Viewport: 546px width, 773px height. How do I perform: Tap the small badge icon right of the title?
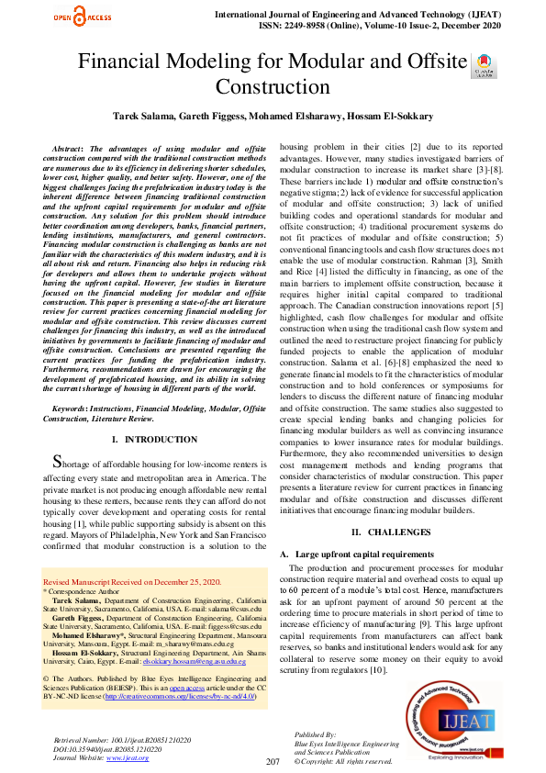coord(481,66)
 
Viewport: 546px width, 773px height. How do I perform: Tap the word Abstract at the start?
coord(72,148)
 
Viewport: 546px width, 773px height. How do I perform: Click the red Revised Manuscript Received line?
coord(132,582)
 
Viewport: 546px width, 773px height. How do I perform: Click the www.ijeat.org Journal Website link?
coord(128,757)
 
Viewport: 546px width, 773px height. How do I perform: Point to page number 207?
coord(273,762)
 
